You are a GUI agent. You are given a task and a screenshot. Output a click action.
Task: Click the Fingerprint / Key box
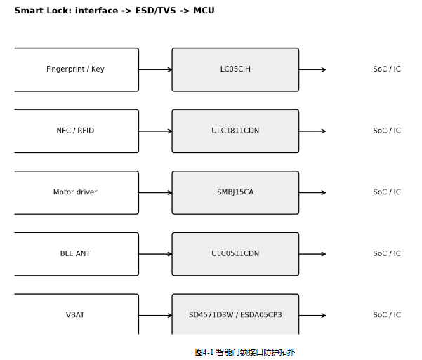77,69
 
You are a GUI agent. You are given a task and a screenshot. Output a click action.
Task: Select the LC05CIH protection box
235,69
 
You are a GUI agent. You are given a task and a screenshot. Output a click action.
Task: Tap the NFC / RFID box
77,131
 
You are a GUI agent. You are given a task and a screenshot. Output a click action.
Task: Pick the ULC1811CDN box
235,131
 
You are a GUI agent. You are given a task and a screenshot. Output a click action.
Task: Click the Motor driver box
77,193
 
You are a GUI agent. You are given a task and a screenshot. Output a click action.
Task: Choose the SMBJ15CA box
235,193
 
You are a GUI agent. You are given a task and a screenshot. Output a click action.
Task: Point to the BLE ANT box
77,254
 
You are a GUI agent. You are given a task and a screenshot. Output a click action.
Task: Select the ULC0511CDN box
235,254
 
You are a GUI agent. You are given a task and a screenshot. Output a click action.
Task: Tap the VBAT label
75,315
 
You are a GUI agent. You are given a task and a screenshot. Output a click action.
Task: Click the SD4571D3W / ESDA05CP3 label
235,315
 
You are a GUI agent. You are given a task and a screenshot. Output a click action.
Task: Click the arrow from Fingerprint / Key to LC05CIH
155,69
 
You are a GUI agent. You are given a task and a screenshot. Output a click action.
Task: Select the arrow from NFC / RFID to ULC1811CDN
155,131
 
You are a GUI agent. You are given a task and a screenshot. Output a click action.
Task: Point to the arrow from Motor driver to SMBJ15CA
155,193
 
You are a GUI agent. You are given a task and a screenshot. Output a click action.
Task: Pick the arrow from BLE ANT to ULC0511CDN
155,254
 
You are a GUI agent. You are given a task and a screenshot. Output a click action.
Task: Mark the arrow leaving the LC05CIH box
312,69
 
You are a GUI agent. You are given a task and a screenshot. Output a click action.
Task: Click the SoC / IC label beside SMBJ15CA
387,192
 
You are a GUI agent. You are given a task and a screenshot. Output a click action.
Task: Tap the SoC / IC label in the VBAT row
387,315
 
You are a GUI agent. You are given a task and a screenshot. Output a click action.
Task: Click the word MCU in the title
204,11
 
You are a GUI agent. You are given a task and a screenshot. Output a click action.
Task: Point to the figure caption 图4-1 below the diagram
245,352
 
